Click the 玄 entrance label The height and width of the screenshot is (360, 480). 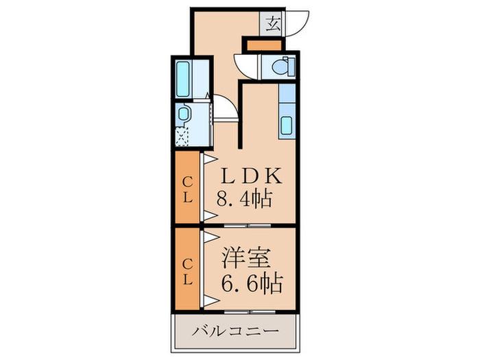pyautogui.click(x=272, y=24)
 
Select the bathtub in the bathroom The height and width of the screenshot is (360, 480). pyautogui.click(x=183, y=79)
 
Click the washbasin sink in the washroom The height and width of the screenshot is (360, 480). pyautogui.click(x=183, y=114)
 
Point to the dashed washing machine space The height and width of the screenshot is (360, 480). pyautogui.click(x=182, y=137)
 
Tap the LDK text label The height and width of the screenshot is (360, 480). pyautogui.click(x=251, y=176)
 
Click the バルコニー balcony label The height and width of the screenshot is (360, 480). pyautogui.click(x=235, y=331)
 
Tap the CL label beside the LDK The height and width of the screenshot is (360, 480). pyautogui.click(x=187, y=191)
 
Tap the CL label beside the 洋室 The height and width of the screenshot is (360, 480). pyautogui.click(x=187, y=272)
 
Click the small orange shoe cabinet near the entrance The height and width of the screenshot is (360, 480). pyautogui.click(x=264, y=46)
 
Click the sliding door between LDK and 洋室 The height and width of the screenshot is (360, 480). pyautogui.click(x=248, y=226)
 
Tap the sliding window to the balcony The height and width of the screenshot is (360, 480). pyautogui.click(x=250, y=312)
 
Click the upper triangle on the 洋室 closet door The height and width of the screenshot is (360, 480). pyautogui.click(x=211, y=237)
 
